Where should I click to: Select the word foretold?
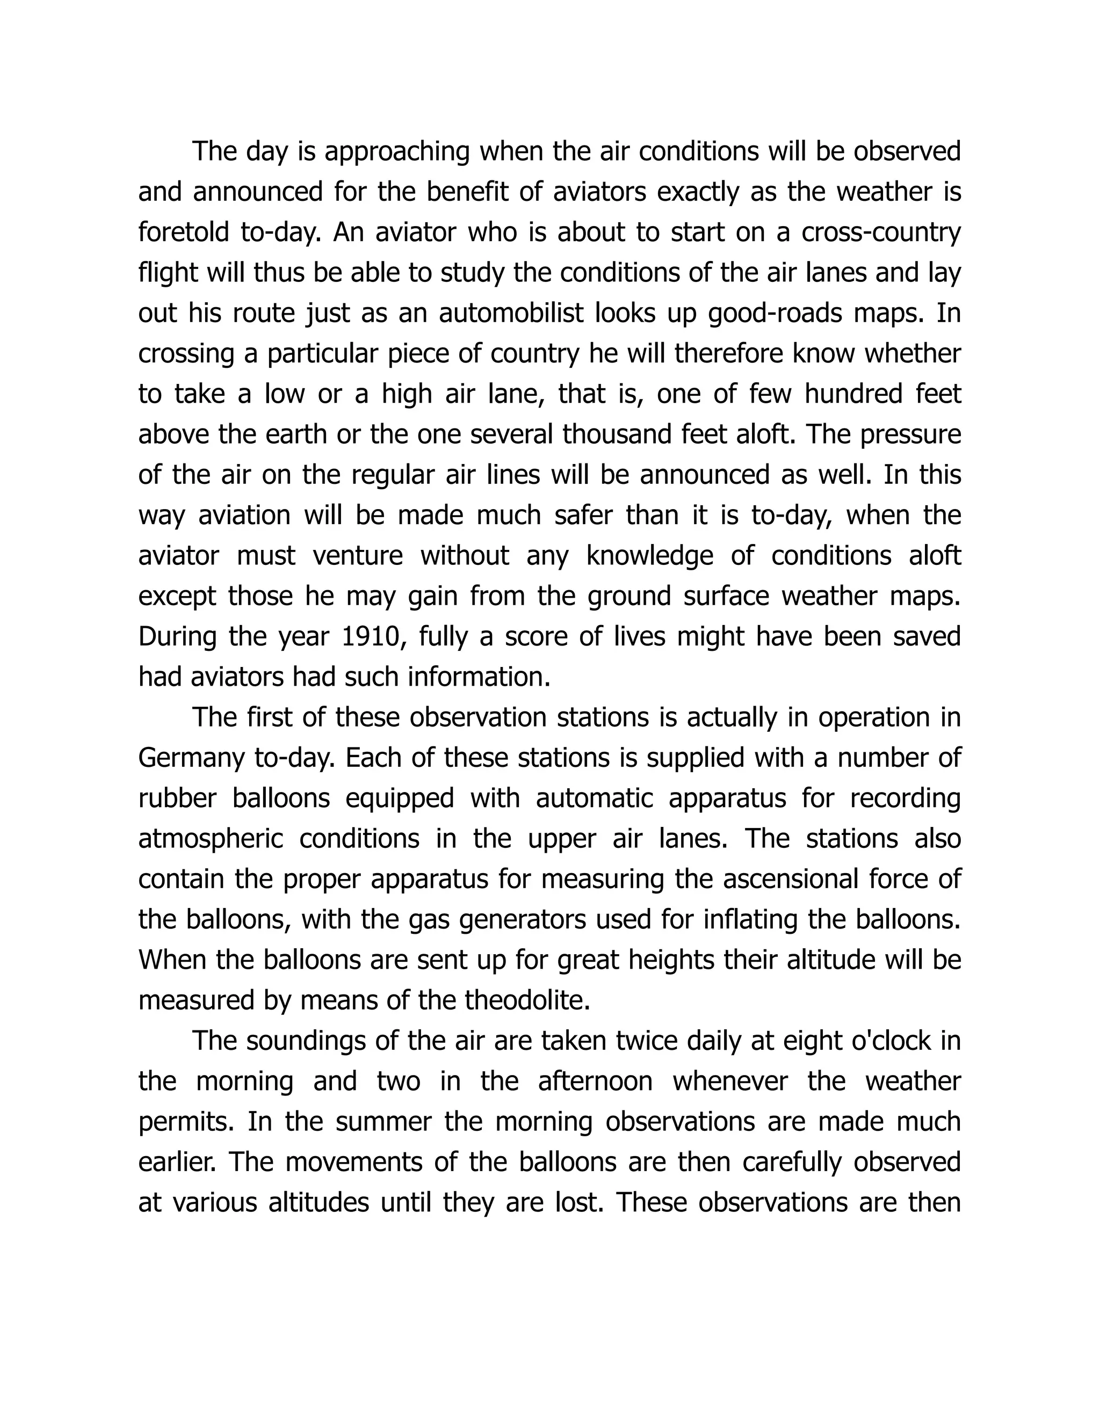pos(184,233)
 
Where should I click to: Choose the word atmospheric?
pos(211,839)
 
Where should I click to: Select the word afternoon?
pos(595,1081)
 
